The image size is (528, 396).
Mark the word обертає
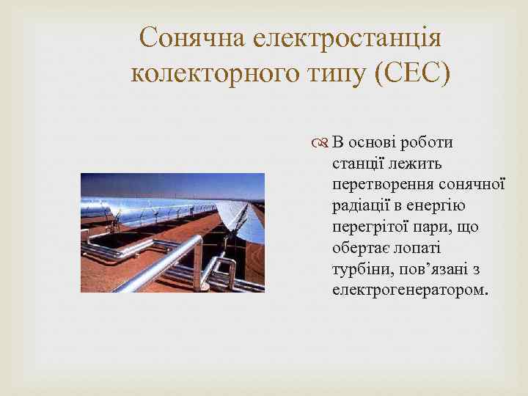coord(362,248)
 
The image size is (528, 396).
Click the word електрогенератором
coord(408,290)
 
